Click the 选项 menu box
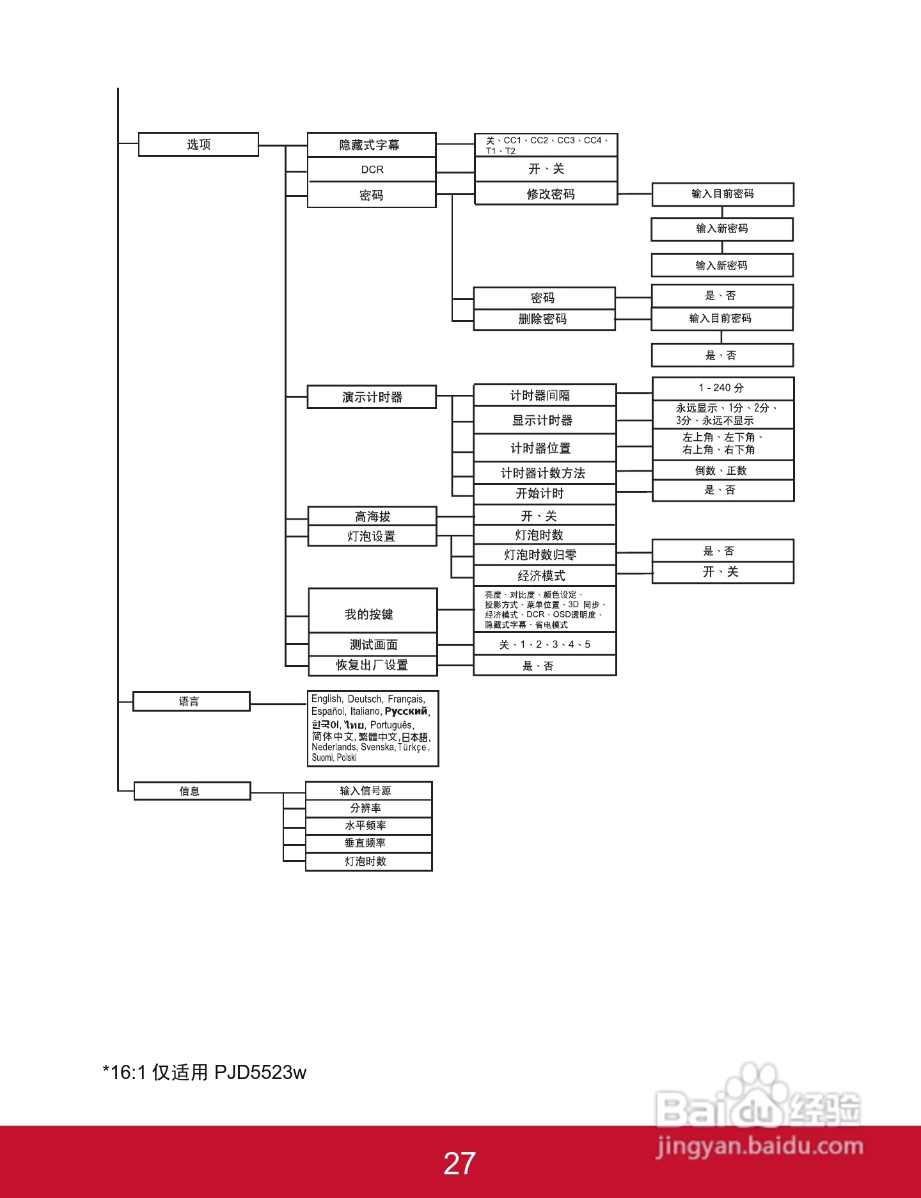tap(198, 144)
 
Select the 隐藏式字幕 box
tap(371, 145)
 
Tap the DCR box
tap(372, 170)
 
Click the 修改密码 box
tap(546, 193)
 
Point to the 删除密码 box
tap(544, 319)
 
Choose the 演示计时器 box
tap(372, 397)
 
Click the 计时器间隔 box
tap(545, 395)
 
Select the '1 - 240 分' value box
tap(723, 388)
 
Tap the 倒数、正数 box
tap(723, 470)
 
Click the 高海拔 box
tap(372, 516)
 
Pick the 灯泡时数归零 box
tap(545, 555)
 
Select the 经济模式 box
tap(545, 576)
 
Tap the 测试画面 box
tap(373, 644)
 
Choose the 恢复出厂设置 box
tap(373, 666)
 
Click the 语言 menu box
tap(191, 701)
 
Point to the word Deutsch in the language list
tap(365, 699)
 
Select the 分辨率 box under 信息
tap(369, 808)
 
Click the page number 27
tap(459, 1164)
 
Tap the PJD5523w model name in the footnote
tap(260, 1073)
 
